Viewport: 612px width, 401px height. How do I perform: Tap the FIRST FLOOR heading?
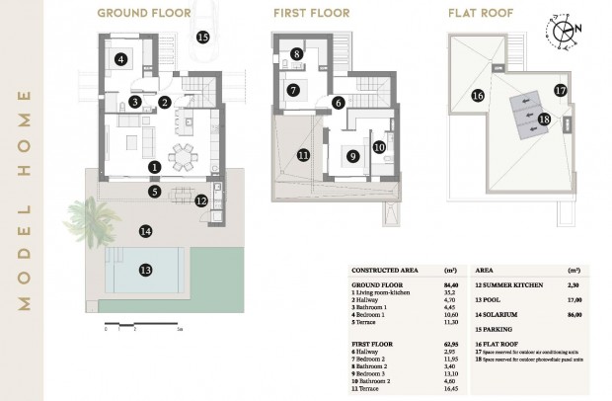(312, 14)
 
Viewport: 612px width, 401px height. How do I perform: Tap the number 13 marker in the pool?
(145, 269)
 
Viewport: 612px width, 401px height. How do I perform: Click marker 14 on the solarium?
(145, 231)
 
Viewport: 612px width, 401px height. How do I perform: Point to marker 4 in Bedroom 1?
(121, 59)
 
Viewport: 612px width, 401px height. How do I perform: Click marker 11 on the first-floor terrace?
(303, 155)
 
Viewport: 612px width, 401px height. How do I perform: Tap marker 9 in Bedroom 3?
(352, 155)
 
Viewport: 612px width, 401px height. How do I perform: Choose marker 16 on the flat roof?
(477, 96)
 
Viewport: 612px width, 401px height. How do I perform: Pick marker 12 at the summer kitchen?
(201, 200)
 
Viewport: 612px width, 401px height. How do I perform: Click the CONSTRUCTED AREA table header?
(387, 270)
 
